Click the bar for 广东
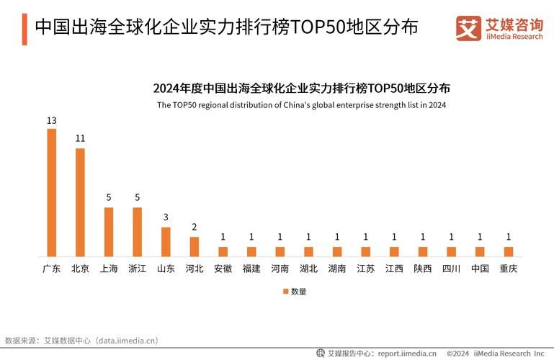tap(51, 192)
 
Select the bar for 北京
tap(80, 202)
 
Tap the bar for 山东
tap(166, 242)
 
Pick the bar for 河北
tap(194, 246)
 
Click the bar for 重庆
tap(509, 251)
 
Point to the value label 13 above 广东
tap(51, 120)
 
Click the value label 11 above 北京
tap(80, 138)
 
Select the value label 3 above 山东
tap(166, 217)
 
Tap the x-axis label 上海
tap(109, 269)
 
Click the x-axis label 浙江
tap(137, 269)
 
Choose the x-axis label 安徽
tap(223, 269)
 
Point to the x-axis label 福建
tap(251, 269)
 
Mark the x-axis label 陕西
tap(423, 269)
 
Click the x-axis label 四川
tap(451, 269)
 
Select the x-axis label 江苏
tap(365, 269)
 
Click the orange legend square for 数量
tap(285, 292)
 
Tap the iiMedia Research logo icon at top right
tap(468, 28)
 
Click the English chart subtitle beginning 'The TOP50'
tap(301, 105)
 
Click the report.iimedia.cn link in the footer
tap(406, 354)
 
